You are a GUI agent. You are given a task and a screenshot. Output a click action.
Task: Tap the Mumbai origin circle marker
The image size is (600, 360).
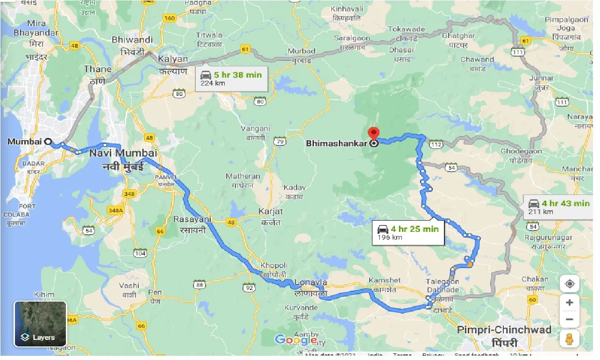point(48,141)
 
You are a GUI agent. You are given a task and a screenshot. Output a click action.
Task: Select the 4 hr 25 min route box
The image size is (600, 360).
point(408,232)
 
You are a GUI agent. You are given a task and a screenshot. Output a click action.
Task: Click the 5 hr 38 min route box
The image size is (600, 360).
point(231,78)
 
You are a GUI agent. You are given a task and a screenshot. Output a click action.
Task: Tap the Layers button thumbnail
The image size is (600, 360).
point(40,324)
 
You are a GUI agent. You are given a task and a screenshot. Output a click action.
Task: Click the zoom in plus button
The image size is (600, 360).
point(569,302)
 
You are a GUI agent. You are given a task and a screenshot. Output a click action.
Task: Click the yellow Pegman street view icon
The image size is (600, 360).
point(569,338)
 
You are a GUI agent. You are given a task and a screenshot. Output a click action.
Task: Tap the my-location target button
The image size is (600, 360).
point(569,284)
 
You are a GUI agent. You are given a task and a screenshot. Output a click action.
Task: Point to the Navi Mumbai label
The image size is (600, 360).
point(122,153)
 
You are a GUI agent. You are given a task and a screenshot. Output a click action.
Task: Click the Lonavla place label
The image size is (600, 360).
point(311,282)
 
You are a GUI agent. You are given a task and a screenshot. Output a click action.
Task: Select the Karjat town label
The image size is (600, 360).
point(271,211)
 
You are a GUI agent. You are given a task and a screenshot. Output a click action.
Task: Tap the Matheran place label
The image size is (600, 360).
point(243,176)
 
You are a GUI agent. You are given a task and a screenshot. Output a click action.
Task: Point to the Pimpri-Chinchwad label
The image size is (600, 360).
point(504,330)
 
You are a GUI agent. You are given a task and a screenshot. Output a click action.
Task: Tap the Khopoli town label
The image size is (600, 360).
point(271,265)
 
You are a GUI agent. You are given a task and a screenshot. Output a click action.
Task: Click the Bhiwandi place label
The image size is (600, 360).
point(132,40)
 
